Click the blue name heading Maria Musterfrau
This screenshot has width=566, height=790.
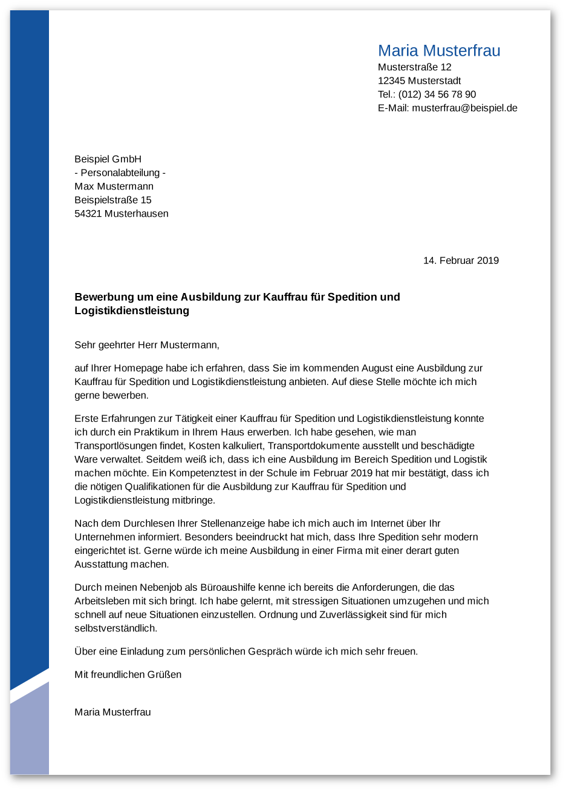pos(439,51)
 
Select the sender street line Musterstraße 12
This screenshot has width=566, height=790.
pos(414,67)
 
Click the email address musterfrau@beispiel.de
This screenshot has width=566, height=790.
pos(464,108)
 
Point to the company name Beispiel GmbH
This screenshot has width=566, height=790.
pos(108,159)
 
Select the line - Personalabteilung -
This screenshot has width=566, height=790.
pos(120,173)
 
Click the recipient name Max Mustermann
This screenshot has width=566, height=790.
pos(114,186)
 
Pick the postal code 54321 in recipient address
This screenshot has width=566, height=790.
pos(88,214)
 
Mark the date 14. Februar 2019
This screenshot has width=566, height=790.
pos(461,261)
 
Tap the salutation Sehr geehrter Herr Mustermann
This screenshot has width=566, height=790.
pos(146,345)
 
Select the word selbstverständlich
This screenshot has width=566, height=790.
pos(115,628)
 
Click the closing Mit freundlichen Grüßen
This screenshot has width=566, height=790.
pos(128,674)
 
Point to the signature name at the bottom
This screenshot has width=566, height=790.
pos(112,713)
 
